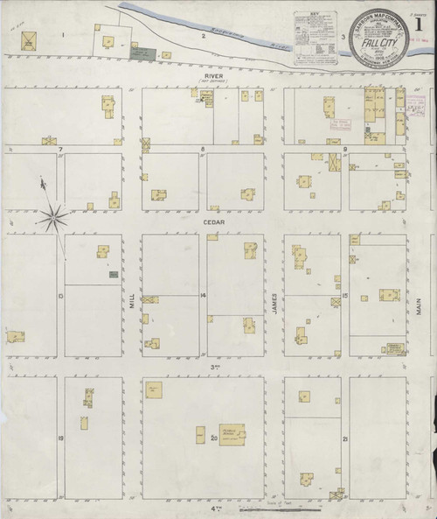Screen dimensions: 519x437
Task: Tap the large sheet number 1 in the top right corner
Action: (x=423, y=22)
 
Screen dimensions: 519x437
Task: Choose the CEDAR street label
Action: (x=213, y=221)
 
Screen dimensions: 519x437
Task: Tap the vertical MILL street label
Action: (x=132, y=300)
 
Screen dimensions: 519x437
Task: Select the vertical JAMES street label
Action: (x=274, y=300)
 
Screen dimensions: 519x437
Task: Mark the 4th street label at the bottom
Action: (x=212, y=508)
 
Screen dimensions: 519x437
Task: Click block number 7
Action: (x=60, y=150)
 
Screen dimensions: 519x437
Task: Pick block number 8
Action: (x=202, y=150)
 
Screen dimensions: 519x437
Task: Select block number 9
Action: (x=344, y=150)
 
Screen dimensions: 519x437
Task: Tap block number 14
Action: (x=202, y=295)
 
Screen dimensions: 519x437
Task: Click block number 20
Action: (x=212, y=435)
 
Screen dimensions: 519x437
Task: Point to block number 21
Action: (x=345, y=437)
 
